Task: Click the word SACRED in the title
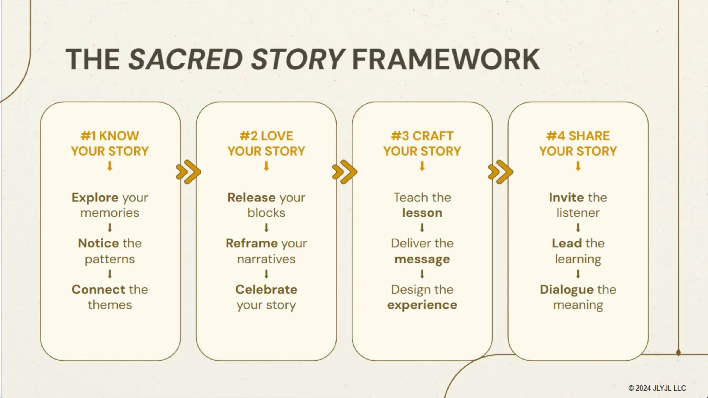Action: [186, 59]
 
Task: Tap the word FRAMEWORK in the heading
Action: [446, 59]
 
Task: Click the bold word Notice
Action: [98, 243]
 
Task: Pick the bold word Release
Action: [251, 198]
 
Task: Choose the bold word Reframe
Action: [252, 243]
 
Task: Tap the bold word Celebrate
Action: [266, 290]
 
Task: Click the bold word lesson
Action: [422, 213]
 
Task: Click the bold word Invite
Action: [566, 198]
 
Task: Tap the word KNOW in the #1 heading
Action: [119, 136]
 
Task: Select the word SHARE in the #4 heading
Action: [589, 136]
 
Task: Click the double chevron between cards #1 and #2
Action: [188, 172]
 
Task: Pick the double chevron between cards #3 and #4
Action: [501, 172]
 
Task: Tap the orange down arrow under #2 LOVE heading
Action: [266, 166]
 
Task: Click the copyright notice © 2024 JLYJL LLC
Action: [657, 388]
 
